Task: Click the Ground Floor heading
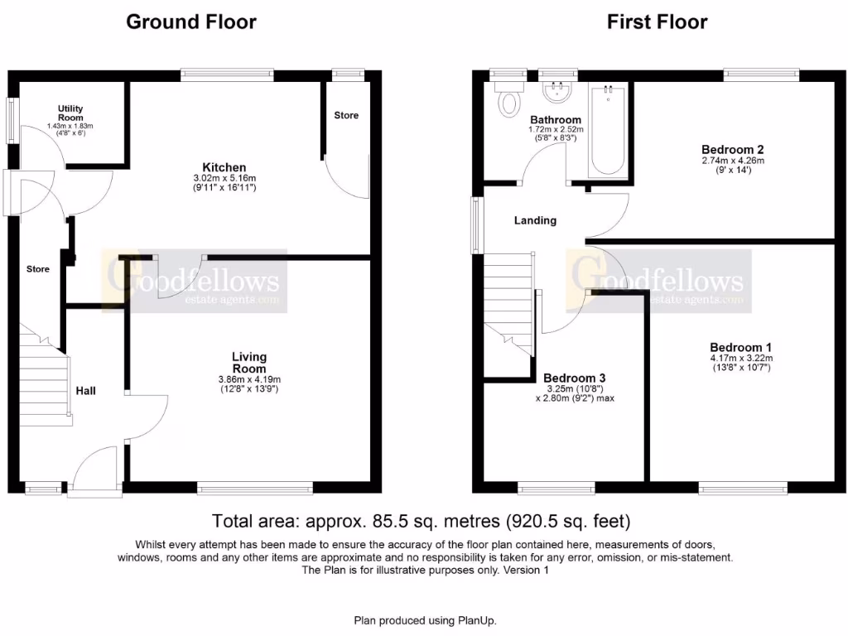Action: point(190,22)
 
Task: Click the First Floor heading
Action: point(657,22)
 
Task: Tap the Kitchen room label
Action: point(224,167)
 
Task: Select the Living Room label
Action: point(248,363)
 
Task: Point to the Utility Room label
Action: point(70,113)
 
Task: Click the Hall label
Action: point(86,390)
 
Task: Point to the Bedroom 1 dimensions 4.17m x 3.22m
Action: point(740,358)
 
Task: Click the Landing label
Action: point(535,220)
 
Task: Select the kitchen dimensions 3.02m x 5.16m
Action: point(224,178)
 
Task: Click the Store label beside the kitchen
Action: point(346,115)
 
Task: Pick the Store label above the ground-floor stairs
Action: point(37,269)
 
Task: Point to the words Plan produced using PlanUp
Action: point(425,620)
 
